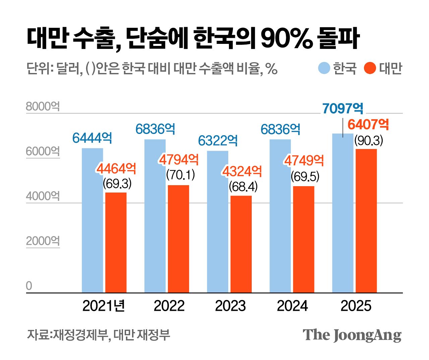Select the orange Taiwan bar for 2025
tap(366, 221)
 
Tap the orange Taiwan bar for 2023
tap(241, 244)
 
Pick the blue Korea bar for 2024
tap(280, 216)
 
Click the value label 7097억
tap(343, 109)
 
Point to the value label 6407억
tap(368, 125)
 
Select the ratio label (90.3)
tap(369, 141)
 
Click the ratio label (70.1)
tap(181, 175)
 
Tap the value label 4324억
tap(242, 172)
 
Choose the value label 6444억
tap(92, 138)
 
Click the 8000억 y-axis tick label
tap(43, 106)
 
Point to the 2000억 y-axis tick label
tap(43, 241)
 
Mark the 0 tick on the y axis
tap(29, 286)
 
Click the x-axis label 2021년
tap(104, 306)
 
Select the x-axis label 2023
tap(230, 306)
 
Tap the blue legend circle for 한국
tap(324, 68)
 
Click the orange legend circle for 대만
tap(370, 68)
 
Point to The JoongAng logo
tap(352, 335)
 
